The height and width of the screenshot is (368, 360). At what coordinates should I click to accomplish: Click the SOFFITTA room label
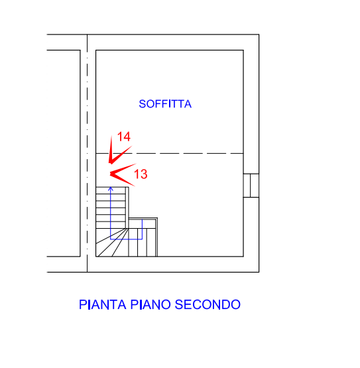(x=165, y=104)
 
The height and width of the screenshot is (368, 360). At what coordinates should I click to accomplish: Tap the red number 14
(x=124, y=137)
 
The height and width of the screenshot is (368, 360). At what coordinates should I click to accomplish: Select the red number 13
(x=141, y=174)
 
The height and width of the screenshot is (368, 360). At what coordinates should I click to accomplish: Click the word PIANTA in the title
(x=103, y=304)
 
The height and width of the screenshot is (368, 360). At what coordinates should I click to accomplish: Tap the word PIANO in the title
(x=150, y=304)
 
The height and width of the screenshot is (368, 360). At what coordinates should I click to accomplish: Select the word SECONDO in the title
(x=208, y=304)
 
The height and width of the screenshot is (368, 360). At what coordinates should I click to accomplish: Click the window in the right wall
(x=251, y=186)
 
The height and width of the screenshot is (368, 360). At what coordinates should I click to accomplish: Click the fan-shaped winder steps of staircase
(x=112, y=242)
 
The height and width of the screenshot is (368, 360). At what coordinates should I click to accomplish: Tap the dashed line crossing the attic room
(x=170, y=153)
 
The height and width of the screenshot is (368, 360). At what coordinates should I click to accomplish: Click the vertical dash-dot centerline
(x=87, y=153)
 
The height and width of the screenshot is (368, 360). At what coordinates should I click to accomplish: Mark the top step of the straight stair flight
(x=111, y=190)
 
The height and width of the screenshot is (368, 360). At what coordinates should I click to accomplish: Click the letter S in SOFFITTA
(x=143, y=104)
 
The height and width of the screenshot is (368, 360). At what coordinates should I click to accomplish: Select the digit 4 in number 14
(x=127, y=137)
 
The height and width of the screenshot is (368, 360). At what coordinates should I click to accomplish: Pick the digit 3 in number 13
(x=144, y=174)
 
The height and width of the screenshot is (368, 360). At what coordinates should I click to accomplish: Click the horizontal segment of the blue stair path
(x=126, y=239)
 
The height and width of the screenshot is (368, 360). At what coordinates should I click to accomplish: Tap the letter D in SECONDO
(x=225, y=304)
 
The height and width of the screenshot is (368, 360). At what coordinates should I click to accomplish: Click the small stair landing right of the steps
(x=143, y=223)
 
